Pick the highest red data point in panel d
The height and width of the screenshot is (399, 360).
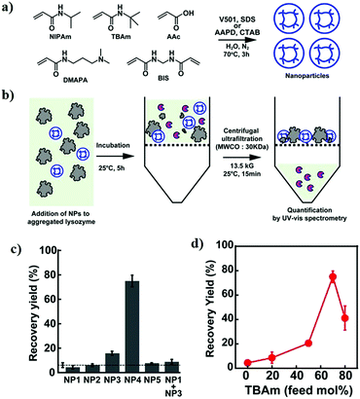[333, 277]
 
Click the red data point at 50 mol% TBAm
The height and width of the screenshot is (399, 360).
[307, 344]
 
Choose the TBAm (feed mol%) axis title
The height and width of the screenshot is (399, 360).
[295, 390]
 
